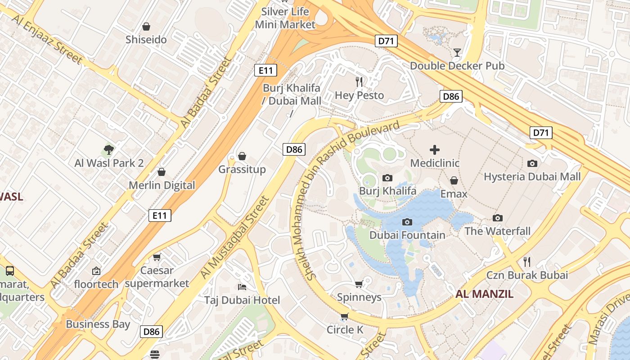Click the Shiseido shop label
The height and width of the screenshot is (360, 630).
146,40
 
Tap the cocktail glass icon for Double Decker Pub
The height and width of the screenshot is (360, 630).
457,53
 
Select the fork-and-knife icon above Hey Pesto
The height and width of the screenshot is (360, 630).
359,81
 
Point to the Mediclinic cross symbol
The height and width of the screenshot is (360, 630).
435,150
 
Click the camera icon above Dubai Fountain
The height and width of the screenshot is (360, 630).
407,222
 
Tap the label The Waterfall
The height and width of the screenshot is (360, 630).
497,231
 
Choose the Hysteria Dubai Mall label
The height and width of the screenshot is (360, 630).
532,177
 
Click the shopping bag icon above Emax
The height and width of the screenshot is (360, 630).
454,180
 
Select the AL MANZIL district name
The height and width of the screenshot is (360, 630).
484,294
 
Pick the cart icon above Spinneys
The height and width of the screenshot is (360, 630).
359,284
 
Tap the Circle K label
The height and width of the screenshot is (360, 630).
345,330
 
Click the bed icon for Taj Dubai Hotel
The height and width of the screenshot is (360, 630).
242,287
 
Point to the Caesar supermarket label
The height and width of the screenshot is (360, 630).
157,277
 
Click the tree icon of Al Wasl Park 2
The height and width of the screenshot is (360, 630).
108,149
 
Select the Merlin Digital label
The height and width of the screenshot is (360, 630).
162,185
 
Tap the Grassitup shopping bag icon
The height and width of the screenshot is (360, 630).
242,156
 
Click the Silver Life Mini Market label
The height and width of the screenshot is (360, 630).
285,18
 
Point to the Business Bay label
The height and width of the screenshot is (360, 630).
98,324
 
